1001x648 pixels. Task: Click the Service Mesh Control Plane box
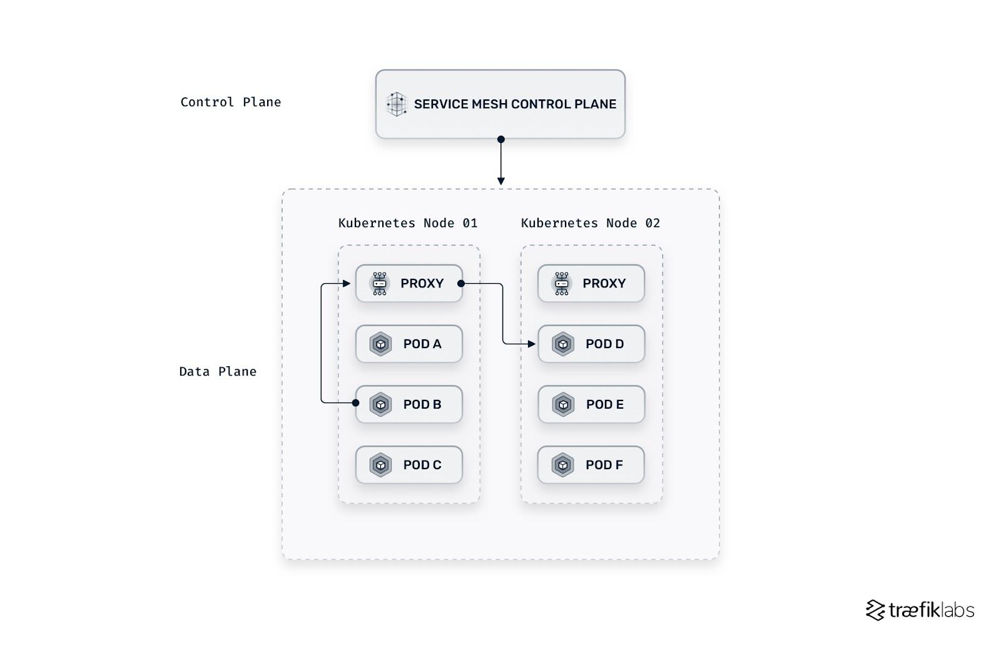[x=500, y=104]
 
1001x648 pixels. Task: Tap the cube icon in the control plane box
[x=397, y=104]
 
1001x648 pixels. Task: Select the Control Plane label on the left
[x=230, y=102]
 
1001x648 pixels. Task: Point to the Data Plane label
[x=218, y=371]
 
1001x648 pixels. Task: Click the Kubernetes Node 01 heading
[x=408, y=223]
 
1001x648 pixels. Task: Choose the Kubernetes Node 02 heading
[x=590, y=223]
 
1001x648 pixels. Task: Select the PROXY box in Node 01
[x=409, y=284]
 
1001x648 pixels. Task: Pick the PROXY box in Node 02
[x=591, y=284]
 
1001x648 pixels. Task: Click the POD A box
[x=409, y=344]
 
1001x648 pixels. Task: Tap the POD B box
[x=409, y=404]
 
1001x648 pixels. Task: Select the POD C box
[x=409, y=465]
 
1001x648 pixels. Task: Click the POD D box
[x=591, y=344]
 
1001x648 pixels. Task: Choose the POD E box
[x=591, y=404]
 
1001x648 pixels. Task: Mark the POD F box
[x=591, y=465]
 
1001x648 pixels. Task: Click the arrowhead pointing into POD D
[x=532, y=344]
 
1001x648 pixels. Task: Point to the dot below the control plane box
[x=500, y=139]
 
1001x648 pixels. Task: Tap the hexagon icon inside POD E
[x=563, y=404]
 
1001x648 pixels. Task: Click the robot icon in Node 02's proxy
[x=562, y=284]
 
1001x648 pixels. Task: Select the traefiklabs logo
[x=920, y=610]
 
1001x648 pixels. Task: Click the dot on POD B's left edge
[x=355, y=403]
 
